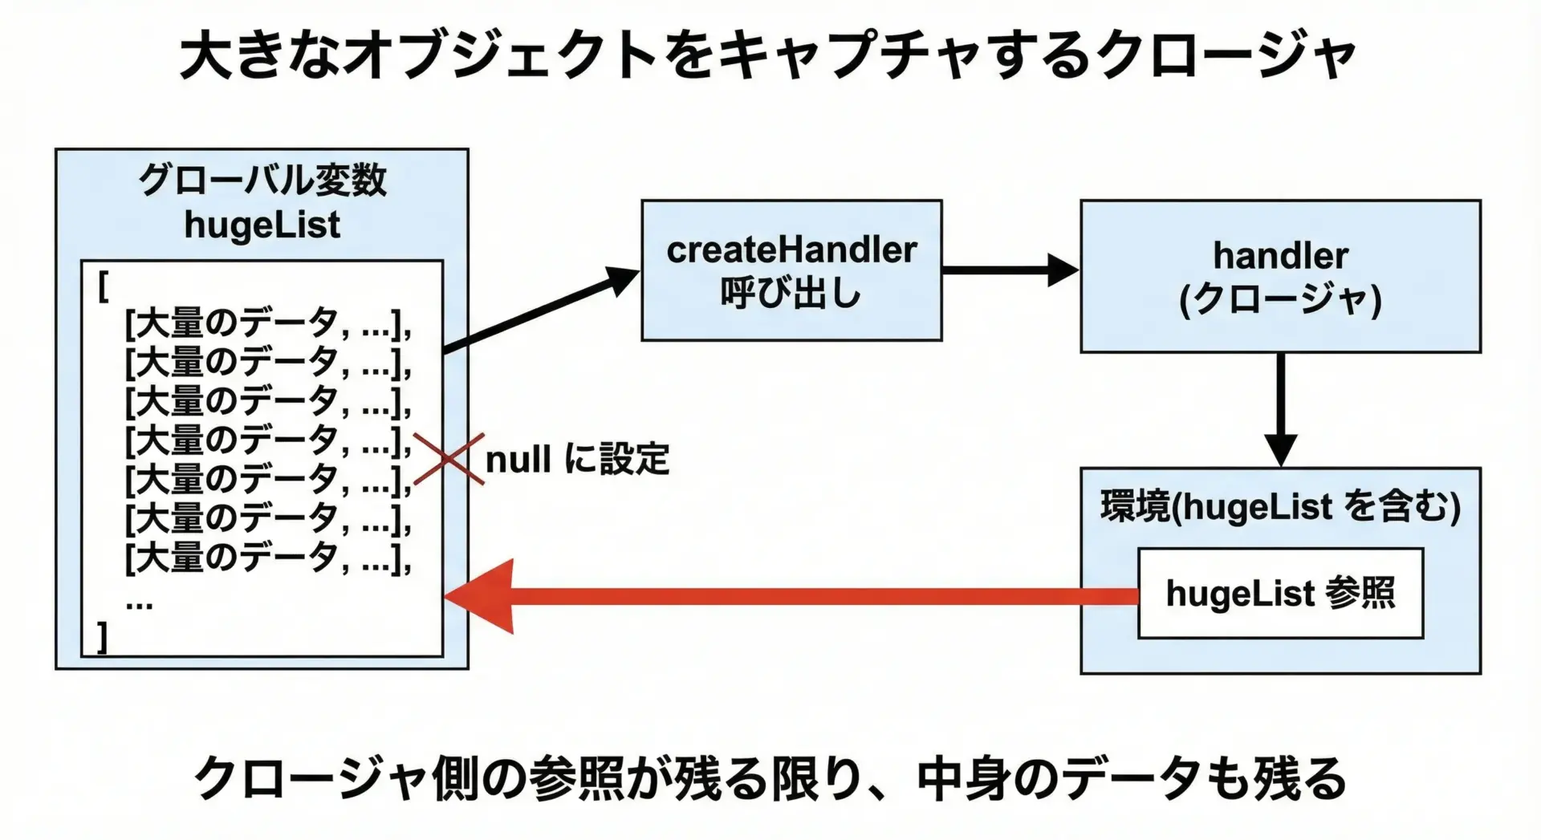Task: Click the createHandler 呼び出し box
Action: [x=791, y=270]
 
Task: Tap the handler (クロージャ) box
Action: [x=1280, y=276]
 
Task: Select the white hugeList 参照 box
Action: [x=1280, y=594]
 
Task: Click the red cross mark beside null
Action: [x=449, y=459]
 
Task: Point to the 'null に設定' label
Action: [x=577, y=460]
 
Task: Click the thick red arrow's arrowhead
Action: [x=482, y=596]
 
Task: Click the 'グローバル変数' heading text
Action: [x=262, y=181]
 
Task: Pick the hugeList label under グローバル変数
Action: [x=262, y=225]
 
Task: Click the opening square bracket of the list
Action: [x=103, y=286]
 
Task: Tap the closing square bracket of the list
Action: [x=102, y=638]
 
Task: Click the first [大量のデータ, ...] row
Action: [x=268, y=324]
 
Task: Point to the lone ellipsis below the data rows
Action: [x=139, y=603]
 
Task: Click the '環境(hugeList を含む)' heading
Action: [x=1280, y=507]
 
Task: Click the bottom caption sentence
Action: [x=769, y=778]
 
